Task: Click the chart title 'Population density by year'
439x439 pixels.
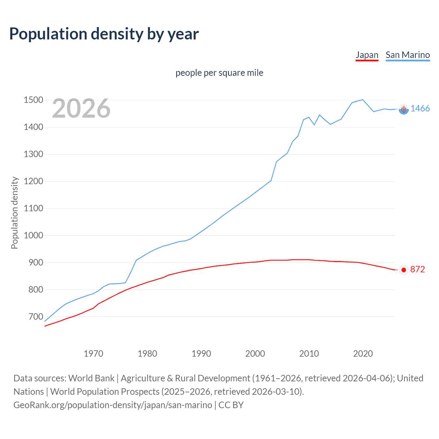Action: point(104,34)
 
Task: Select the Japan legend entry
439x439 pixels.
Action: point(367,55)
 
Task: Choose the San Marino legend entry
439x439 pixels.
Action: point(407,55)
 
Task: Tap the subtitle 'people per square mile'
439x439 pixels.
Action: point(219,73)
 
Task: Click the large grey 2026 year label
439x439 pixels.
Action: point(81,108)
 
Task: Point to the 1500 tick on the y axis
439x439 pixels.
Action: point(33,100)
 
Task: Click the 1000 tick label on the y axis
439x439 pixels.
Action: point(33,235)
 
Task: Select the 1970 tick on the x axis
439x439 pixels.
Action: point(93,354)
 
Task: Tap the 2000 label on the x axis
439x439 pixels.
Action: point(255,354)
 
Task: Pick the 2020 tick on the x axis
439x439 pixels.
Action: point(363,354)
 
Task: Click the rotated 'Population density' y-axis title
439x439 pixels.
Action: point(14,213)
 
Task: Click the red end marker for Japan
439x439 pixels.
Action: point(404,270)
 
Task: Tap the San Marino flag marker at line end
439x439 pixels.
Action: point(404,109)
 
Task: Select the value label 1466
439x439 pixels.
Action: point(420,109)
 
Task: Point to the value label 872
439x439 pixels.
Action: point(417,270)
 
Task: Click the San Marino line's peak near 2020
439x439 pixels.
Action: point(363,100)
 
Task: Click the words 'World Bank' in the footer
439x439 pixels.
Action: point(91,378)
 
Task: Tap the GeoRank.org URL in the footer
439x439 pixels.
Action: point(113,405)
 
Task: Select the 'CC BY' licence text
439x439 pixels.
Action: point(231,405)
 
